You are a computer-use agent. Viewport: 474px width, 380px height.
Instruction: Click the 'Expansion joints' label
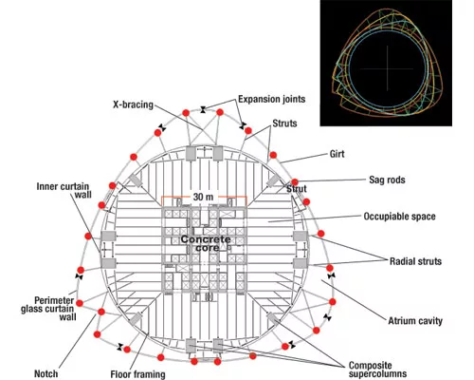coord(272,99)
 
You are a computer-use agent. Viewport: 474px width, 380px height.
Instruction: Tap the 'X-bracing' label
coord(133,104)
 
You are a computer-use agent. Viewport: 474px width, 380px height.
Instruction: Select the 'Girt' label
coord(337,154)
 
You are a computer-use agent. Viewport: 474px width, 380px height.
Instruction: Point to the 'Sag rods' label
coord(387,180)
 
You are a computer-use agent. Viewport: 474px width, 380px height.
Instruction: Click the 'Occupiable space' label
coord(399,217)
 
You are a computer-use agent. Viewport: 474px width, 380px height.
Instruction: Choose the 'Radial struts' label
coord(415,261)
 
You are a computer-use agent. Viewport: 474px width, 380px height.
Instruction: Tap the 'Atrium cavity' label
coord(415,321)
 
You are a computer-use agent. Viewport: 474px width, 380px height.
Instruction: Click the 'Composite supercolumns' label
coord(377,370)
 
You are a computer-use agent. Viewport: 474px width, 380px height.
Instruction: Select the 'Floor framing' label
coord(137,374)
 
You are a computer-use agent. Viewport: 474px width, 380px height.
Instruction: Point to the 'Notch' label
coord(46,373)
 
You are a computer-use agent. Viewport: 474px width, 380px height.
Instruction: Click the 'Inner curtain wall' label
coord(64,190)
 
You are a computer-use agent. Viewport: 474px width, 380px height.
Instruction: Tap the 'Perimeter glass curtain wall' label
coord(47,309)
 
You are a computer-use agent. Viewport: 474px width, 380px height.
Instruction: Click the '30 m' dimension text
coord(203,197)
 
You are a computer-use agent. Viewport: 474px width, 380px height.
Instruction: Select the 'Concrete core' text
coord(206,243)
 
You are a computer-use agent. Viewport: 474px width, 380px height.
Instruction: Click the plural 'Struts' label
coord(284,123)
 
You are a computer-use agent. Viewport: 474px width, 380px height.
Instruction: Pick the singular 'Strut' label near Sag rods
coord(297,189)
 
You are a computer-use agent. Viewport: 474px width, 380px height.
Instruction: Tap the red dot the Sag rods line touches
coord(295,182)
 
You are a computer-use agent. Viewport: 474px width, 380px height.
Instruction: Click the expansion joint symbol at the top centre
coord(203,109)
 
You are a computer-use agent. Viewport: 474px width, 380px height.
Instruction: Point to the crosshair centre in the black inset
coord(388,68)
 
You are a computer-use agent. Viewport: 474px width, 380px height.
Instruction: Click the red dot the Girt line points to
coord(273,155)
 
